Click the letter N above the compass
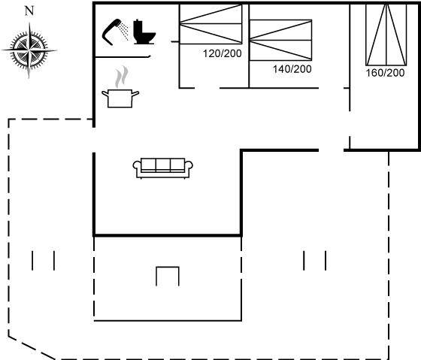[x=29, y=11]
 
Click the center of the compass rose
[x=29, y=50]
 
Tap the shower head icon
[x=112, y=32]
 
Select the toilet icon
[x=144, y=32]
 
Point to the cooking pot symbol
[x=120, y=98]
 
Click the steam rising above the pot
[x=121, y=77]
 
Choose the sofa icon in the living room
[x=162, y=168]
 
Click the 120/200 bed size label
[x=223, y=53]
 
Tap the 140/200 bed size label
[x=292, y=69]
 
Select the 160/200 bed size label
[x=385, y=73]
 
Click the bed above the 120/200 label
[x=210, y=24]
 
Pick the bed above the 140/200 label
[x=280, y=40]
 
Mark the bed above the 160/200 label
[x=386, y=35]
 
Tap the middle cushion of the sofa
[x=162, y=164]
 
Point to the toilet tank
[x=138, y=27]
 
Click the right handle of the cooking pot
[x=135, y=94]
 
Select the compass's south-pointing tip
[x=29, y=78]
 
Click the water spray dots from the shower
[x=124, y=32]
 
